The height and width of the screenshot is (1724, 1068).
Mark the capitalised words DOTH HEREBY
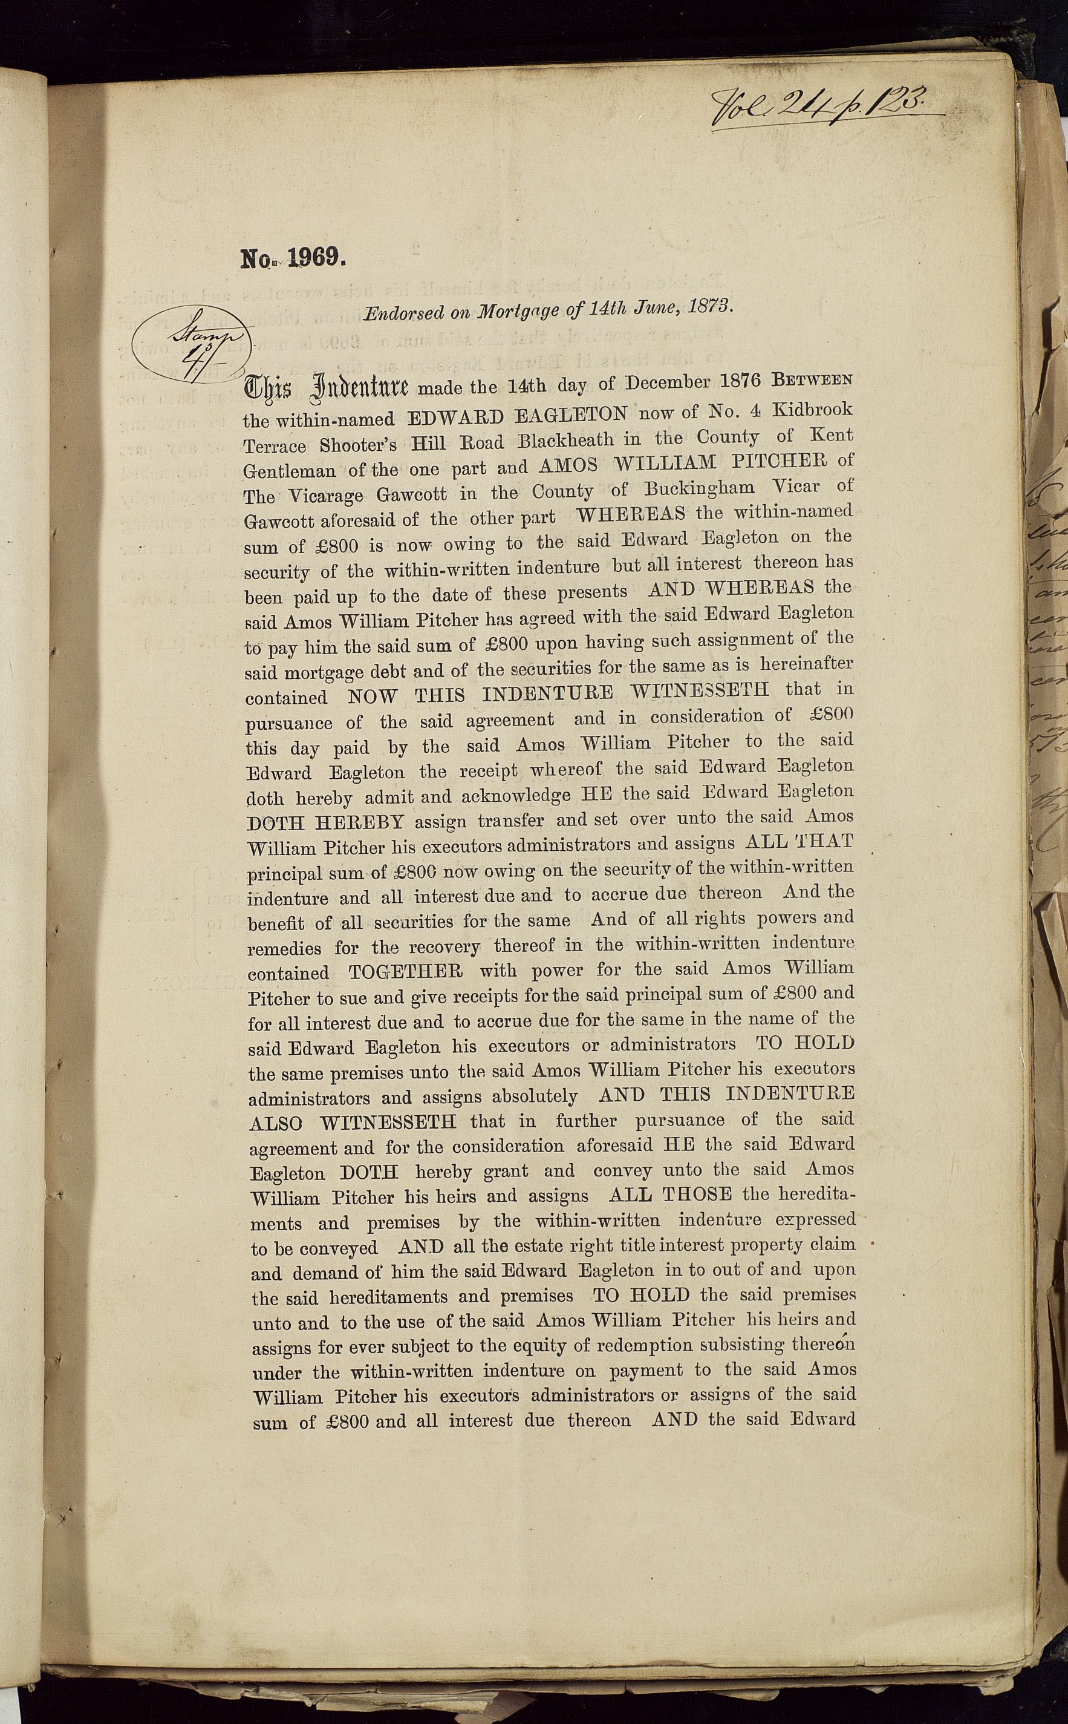click(x=325, y=822)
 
